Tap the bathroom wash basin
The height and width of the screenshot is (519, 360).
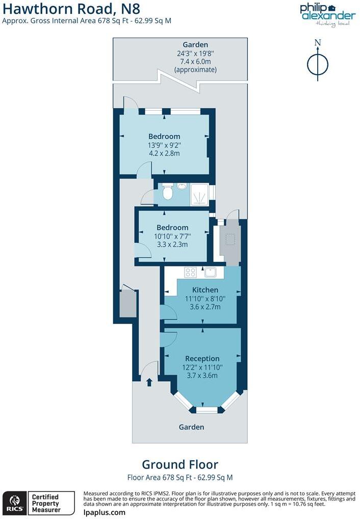[182, 186]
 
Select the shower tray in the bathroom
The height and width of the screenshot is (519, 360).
[200, 194]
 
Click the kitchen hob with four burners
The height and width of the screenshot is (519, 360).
[191, 273]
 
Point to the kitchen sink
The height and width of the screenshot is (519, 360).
[211, 272]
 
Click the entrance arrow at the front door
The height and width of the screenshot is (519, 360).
[149, 382]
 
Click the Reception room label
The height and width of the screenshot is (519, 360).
[202, 359]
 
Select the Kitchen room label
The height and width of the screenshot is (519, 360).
[202, 290]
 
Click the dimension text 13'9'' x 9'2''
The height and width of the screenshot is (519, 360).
[164, 144]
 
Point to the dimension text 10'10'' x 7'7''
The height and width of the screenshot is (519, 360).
[172, 236]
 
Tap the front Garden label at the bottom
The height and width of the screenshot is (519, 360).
[191, 427]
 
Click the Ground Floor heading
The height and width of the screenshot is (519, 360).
[180, 465]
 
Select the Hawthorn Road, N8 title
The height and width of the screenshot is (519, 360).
[71, 9]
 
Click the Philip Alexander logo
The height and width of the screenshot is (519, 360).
[327, 14]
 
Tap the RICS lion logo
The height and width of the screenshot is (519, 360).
[14, 503]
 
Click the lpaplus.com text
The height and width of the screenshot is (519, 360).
[104, 512]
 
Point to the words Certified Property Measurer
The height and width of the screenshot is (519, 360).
[46, 503]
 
